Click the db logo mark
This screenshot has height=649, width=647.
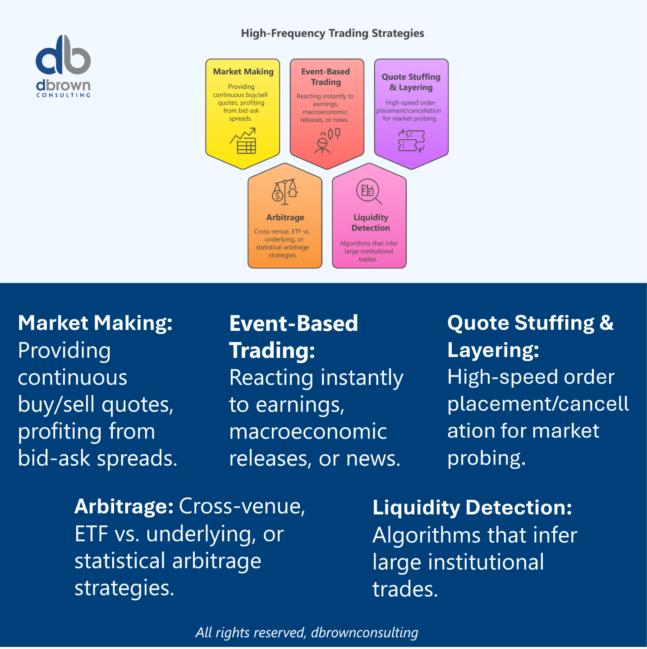pos(63,55)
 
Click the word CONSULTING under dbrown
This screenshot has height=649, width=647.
pos(64,95)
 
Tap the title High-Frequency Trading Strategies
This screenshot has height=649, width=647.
pos(332,33)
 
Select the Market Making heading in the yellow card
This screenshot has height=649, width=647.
pos(243,71)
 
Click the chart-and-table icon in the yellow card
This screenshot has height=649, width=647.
pos(243,141)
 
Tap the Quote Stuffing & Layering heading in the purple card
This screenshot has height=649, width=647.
pos(411,82)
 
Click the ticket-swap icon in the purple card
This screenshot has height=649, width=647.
pos(411,141)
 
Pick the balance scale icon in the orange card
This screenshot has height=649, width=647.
pos(285,192)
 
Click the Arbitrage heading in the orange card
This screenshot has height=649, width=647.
pos(285,218)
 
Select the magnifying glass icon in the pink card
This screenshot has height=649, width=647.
pos(369,192)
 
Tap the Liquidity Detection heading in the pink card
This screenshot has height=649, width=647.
pos(371,223)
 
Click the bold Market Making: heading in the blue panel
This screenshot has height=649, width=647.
pos(96,323)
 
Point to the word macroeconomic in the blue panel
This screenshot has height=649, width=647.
pos(308,431)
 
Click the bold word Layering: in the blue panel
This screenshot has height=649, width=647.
pos(493,350)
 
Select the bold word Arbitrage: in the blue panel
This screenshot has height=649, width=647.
pos(124,506)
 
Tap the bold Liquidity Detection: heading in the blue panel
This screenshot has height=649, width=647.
pos(472,507)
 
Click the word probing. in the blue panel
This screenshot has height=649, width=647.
pos(486,458)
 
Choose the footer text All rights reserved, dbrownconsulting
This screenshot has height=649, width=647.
pos(307,632)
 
